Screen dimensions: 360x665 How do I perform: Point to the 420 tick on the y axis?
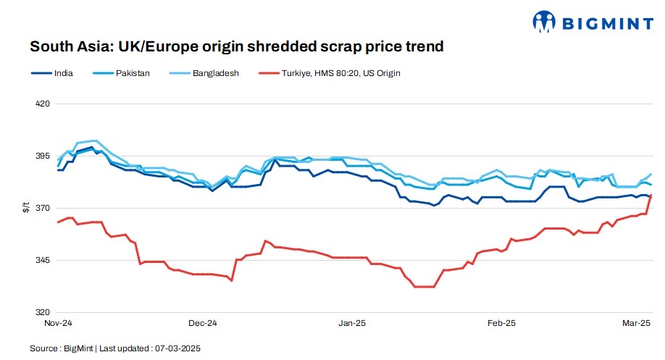(x=41, y=104)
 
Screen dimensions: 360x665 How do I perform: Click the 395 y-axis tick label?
(x=41, y=156)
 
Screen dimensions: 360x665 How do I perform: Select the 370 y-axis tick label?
(x=41, y=208)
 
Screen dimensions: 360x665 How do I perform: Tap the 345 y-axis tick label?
(x=41, y=260)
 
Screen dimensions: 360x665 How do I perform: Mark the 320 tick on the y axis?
(x=41, y=312)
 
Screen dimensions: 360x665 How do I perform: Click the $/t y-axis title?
(x=26, y=208)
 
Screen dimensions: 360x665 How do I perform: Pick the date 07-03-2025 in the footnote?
(x=177, y=348)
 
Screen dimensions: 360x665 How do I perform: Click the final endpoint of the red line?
(x=651, y=195)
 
